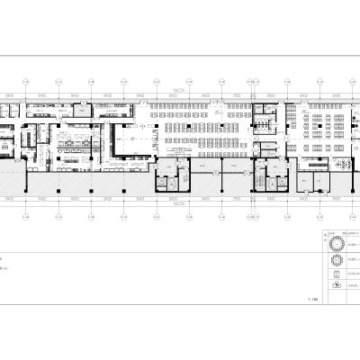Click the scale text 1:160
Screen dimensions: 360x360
click(x=313, y=299)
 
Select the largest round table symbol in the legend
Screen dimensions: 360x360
click(x=336, y=244)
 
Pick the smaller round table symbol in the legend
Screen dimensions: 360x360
click(x=336, y=259)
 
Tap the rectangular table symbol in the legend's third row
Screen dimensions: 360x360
click(x=336, y=272)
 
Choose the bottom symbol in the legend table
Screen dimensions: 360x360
click(x=336, y=285)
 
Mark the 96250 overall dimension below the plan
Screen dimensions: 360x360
click(x=181, y=203)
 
